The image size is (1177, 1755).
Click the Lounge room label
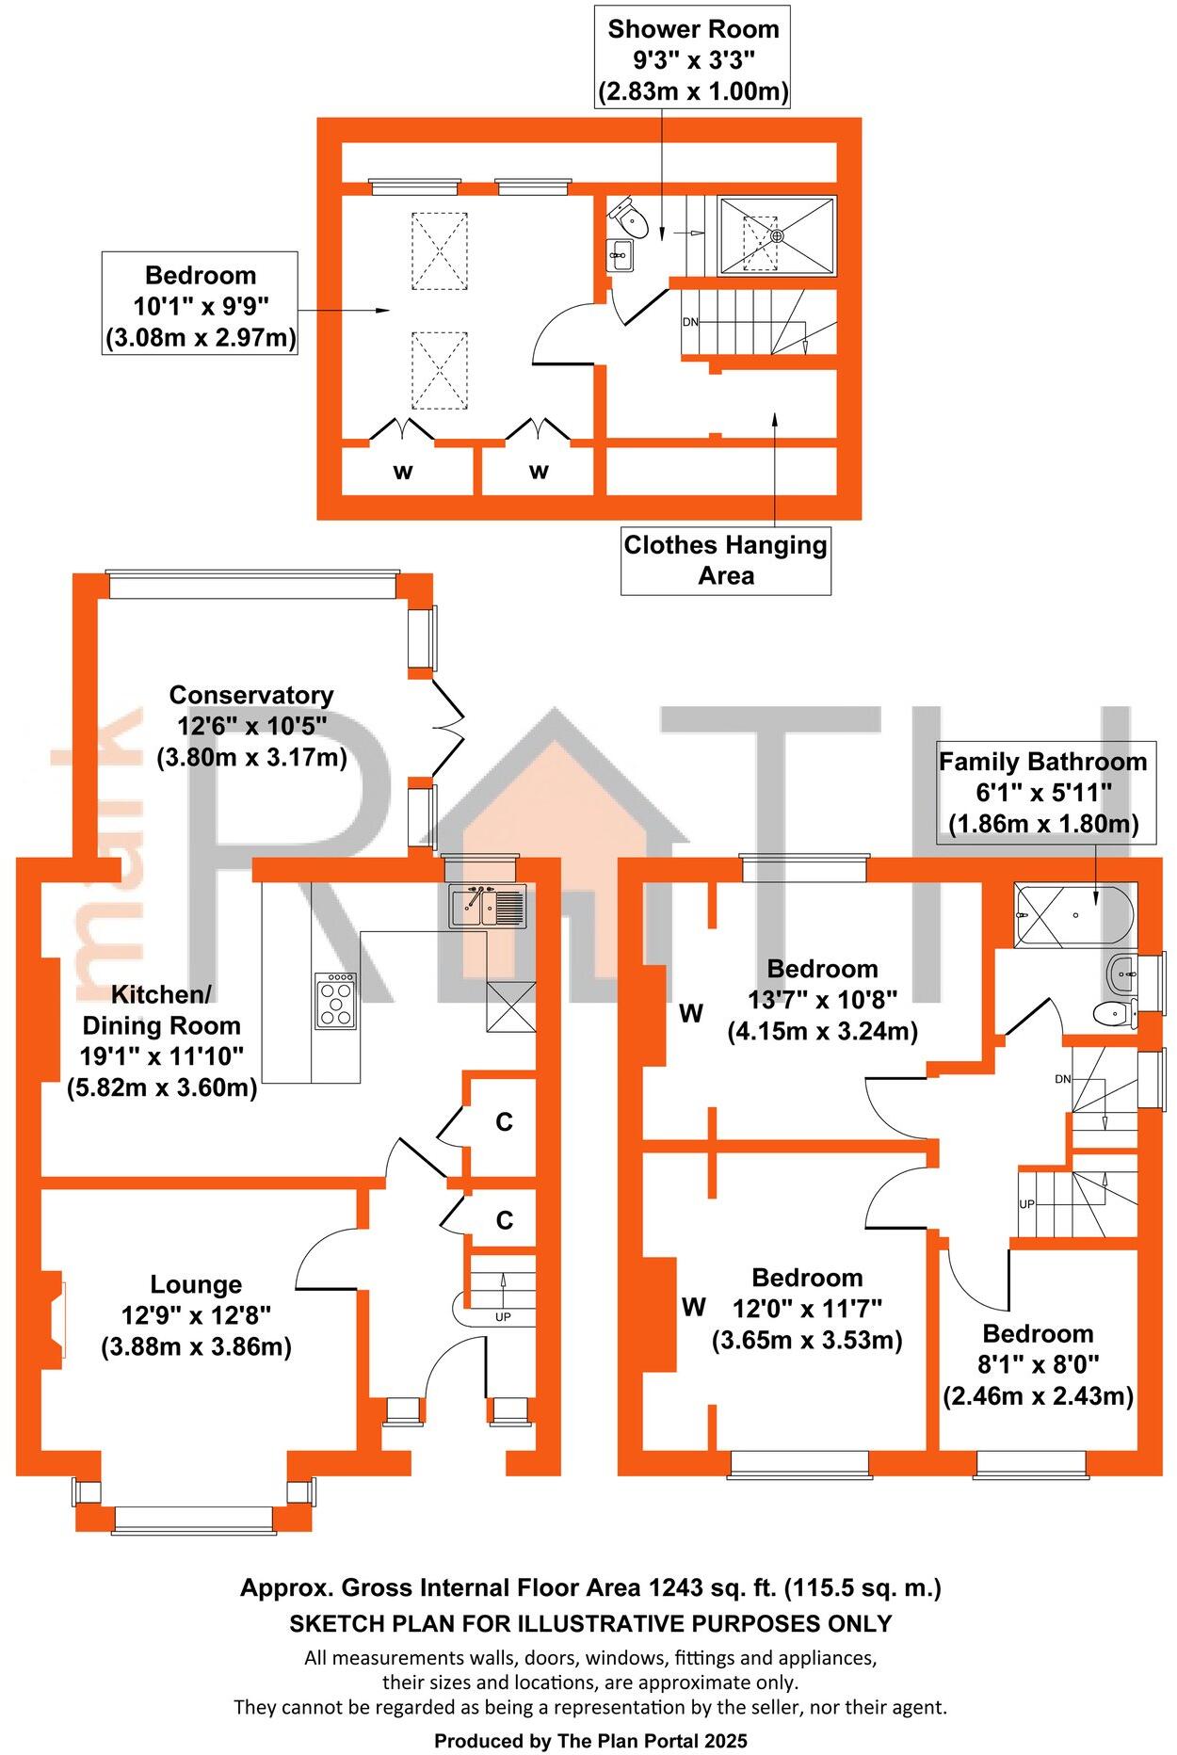pyautogui.click(x=196, y=1315)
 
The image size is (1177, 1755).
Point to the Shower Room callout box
pyautogui.click(x=693, y=59)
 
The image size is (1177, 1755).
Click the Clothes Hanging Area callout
pyautogui.click(x=726, y=560)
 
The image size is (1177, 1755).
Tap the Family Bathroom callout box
pyautogui.click(x=1042, y=793)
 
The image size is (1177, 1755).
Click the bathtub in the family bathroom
pyautogui.click(x=1075, y=914)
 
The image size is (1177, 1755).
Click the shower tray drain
pyautogui.click(x=777, y=235)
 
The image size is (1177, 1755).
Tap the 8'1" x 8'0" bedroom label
pyautogui.click(x=1038, y=1364)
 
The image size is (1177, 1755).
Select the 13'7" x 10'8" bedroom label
pyautogui.click(x=822, y=1000)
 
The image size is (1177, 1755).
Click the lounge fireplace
pyautogui.click(x=54, y=1320)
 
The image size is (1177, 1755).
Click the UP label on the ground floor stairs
pyautogui.click(x=503, y=1317)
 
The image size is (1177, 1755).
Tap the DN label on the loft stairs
pyautogui.click(x=690, y=322)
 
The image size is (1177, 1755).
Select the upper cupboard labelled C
pyautogui.click(x=505, y=1121)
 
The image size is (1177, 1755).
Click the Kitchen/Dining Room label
pyautogui.click(x=162, y=1041)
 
